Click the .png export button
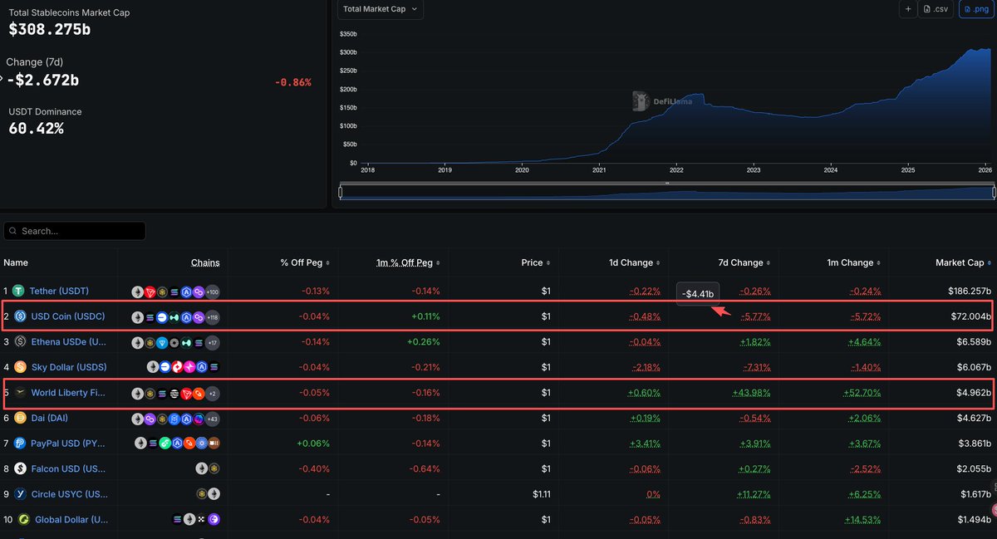(976, 9)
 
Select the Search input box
(75, 231)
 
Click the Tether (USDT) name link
(59, 292)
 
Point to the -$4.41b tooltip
(697, 293)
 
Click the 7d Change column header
(740, 263)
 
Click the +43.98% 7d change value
(751, 393)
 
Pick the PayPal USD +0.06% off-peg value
(313, 443)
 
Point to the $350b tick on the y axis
(348, 34)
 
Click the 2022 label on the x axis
(676, 169)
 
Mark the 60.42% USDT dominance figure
(36, 129)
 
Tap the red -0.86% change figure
(292, 82)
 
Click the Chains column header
(205, 263)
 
